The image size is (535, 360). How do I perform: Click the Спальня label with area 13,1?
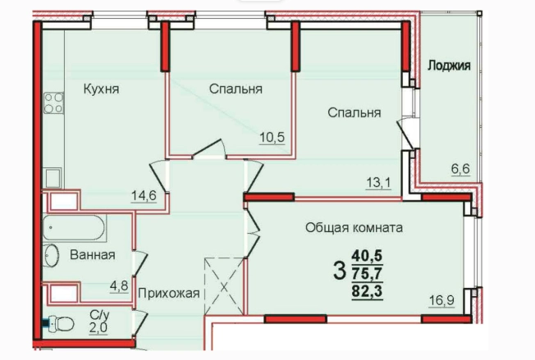pyautogui.click(x=354, y=112)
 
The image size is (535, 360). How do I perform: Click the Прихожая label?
pyautogui.click(x=168, y=294)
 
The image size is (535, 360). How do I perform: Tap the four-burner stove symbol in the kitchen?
pyautogui.click(x=53, y=103)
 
